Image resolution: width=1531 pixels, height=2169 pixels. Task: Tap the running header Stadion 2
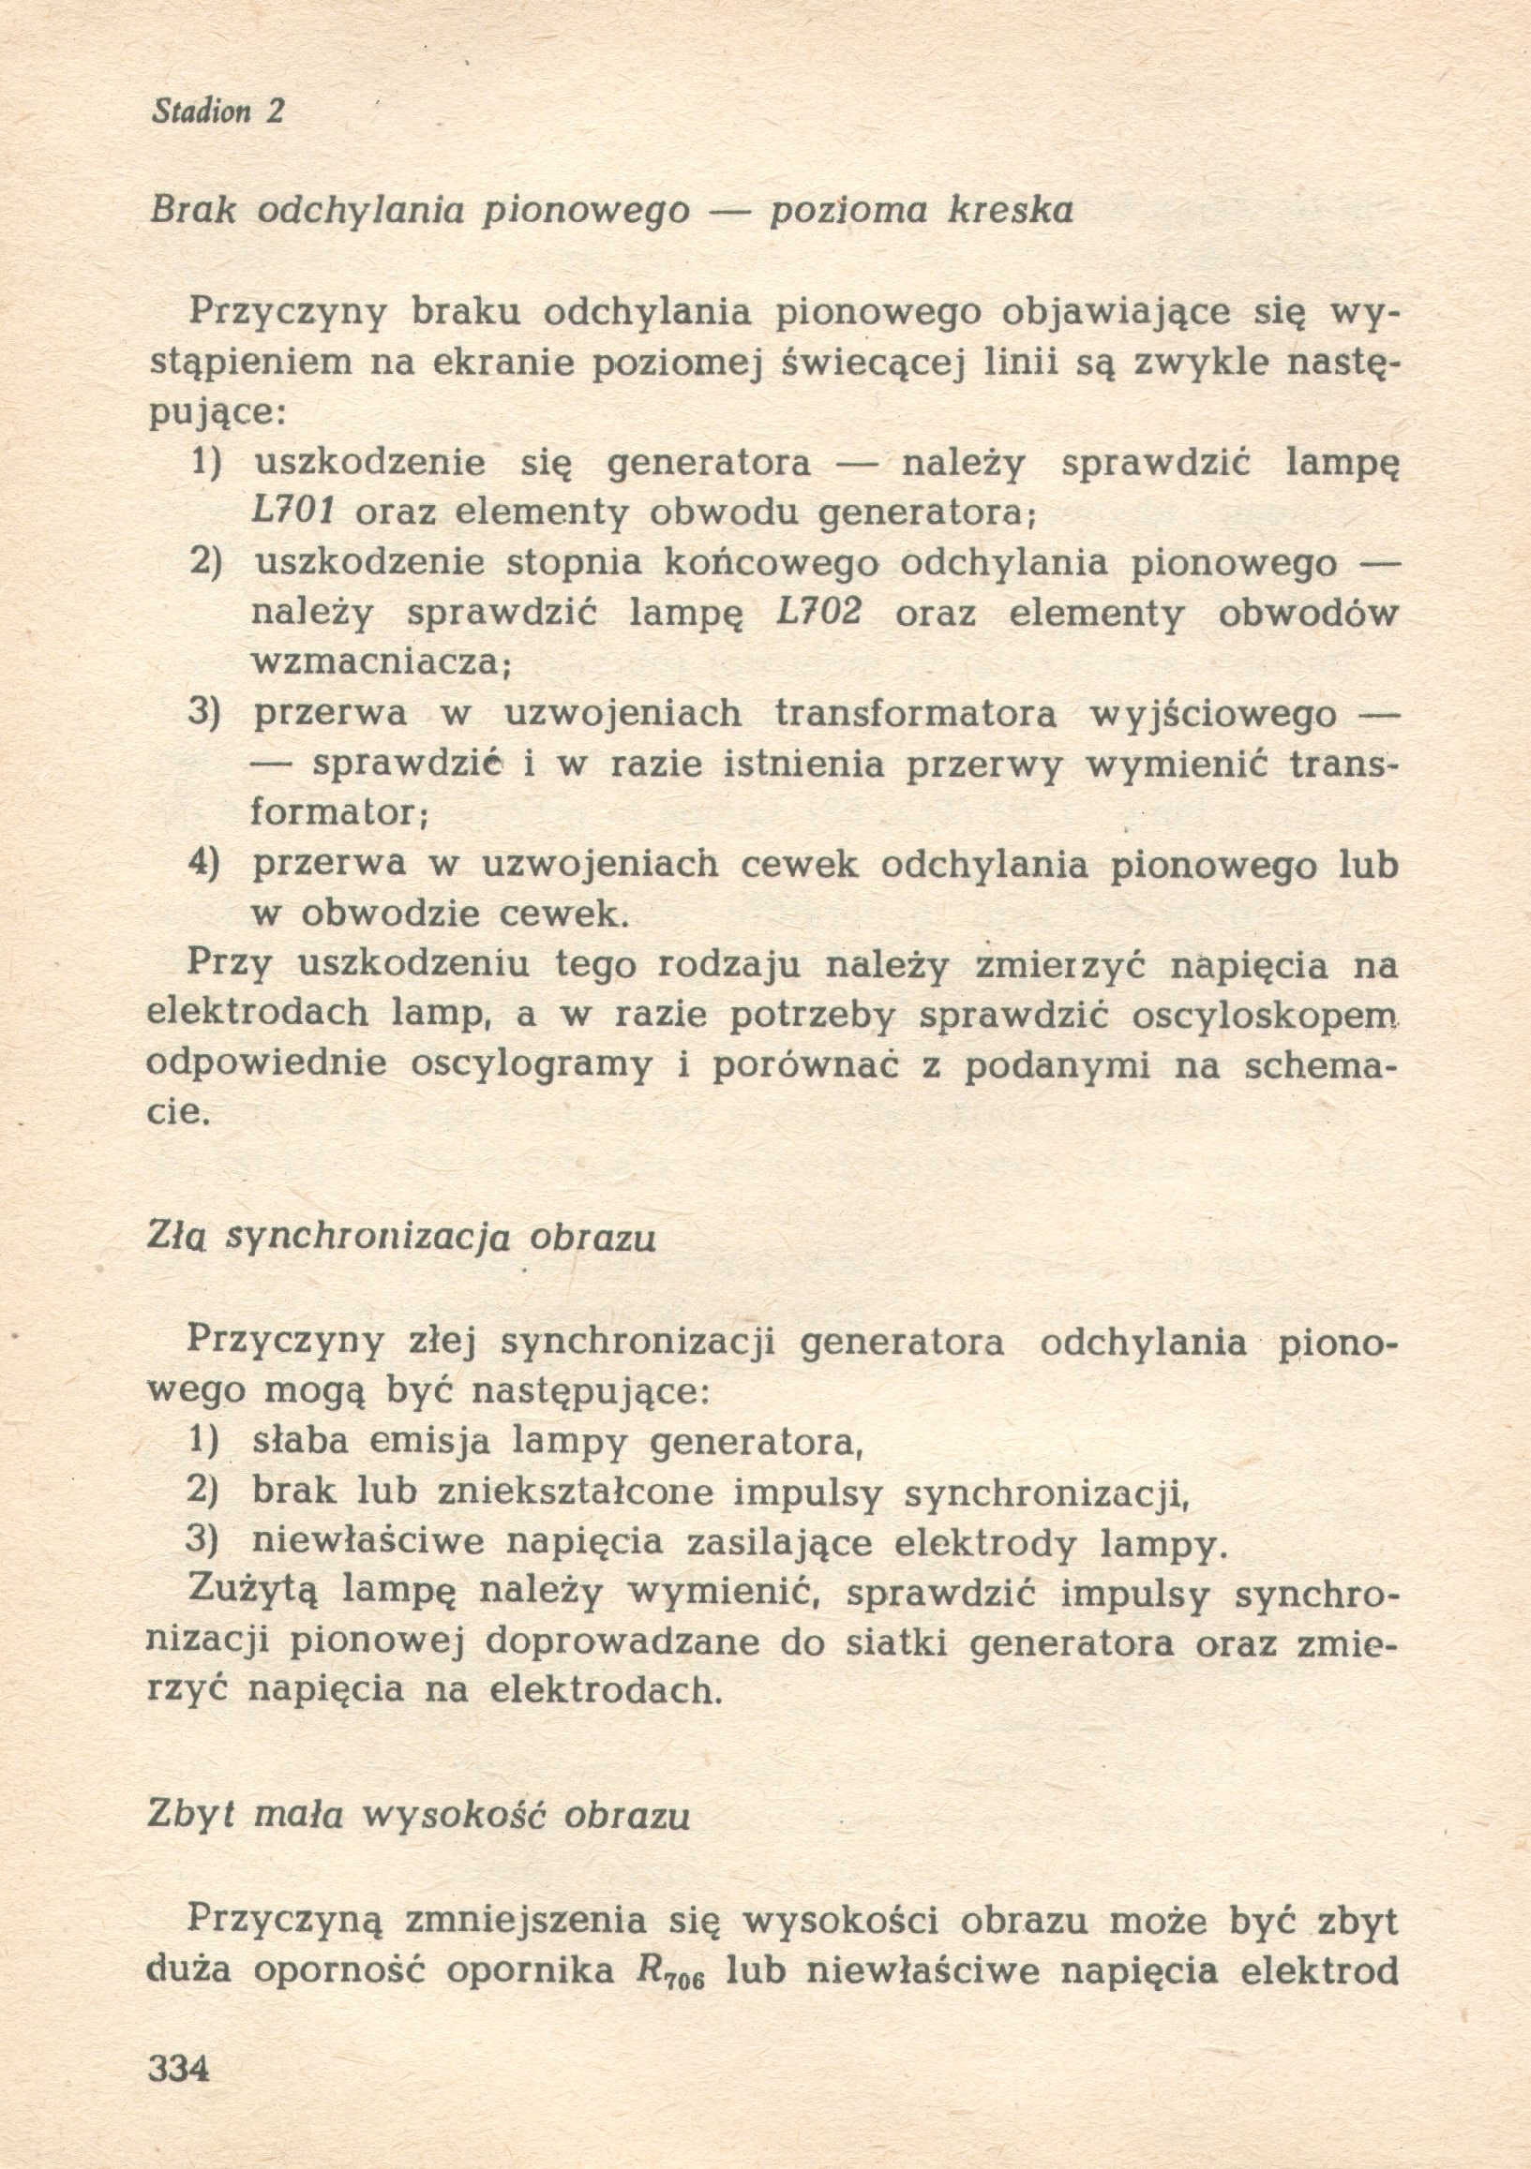pos(218,112)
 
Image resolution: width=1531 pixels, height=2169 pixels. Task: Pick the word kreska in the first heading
pos(1011,212)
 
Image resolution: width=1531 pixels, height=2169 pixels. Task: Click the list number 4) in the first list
pos(204,864)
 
